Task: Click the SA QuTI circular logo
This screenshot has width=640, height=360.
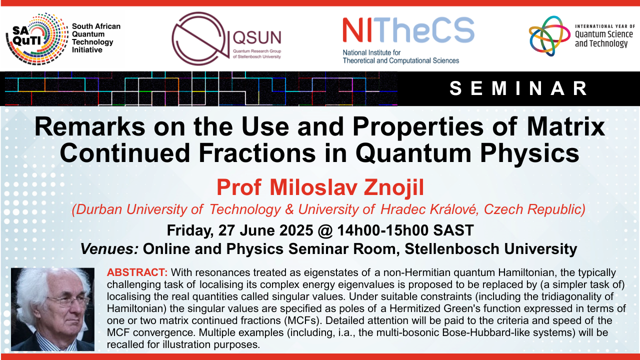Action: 37,39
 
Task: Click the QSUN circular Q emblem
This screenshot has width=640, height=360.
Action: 200,38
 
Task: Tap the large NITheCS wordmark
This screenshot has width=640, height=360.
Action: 408,30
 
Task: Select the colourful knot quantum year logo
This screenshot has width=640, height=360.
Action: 549,36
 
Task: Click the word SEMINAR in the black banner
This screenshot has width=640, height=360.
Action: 518,88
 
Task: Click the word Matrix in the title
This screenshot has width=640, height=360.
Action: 566,126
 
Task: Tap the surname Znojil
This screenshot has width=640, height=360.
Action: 393,187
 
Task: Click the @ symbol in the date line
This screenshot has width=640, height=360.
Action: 325,230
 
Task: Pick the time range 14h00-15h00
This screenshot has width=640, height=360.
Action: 383,230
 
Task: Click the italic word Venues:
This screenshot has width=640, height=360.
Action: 109,249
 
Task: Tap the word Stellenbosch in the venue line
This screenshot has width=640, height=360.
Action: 451,249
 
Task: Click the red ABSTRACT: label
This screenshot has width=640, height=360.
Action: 137,272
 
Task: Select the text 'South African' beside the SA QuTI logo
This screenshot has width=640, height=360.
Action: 96,26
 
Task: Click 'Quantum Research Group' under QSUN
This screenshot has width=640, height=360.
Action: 257,51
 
